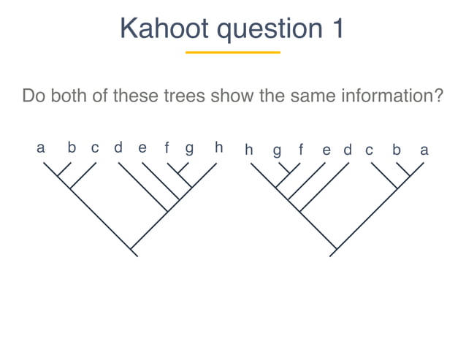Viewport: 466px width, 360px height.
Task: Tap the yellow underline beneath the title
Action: pos(233,53)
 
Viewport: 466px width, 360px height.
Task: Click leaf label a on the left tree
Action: pos(41,148)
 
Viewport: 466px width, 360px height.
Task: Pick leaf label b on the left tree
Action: pos(72,148)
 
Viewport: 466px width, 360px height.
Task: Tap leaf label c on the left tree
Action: pos(95,148)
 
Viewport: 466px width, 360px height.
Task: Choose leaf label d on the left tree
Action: pos(118,148)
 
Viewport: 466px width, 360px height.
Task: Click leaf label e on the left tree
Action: pos(142,148)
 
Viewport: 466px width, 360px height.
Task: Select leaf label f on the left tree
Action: pos(167,148)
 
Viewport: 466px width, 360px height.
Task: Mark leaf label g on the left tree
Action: pos(189,150)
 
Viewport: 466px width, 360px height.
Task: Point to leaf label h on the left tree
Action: pos(218,148)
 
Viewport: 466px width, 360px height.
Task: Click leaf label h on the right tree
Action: pos(249,150)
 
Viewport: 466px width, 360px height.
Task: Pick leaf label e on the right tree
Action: pos(326,150)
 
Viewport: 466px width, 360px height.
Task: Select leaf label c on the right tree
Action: pos(369,150)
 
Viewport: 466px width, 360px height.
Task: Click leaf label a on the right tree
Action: pos(424,150)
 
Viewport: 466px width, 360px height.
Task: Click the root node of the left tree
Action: pos(133,252)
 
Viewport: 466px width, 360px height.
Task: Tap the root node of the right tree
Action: pos(333,252)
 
